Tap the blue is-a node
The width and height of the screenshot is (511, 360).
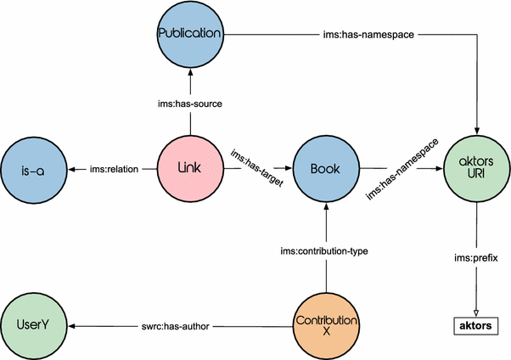point(33,168)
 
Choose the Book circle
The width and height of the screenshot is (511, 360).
point(324,168)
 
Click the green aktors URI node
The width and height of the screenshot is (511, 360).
point(476,168)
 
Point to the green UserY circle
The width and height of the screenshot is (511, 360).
point(33,326)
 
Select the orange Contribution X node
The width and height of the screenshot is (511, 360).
point(324,326)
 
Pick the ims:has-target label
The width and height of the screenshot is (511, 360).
point(255,161)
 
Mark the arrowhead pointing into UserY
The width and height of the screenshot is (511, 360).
point(72,326)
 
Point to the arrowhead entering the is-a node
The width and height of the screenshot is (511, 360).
point(72,168)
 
